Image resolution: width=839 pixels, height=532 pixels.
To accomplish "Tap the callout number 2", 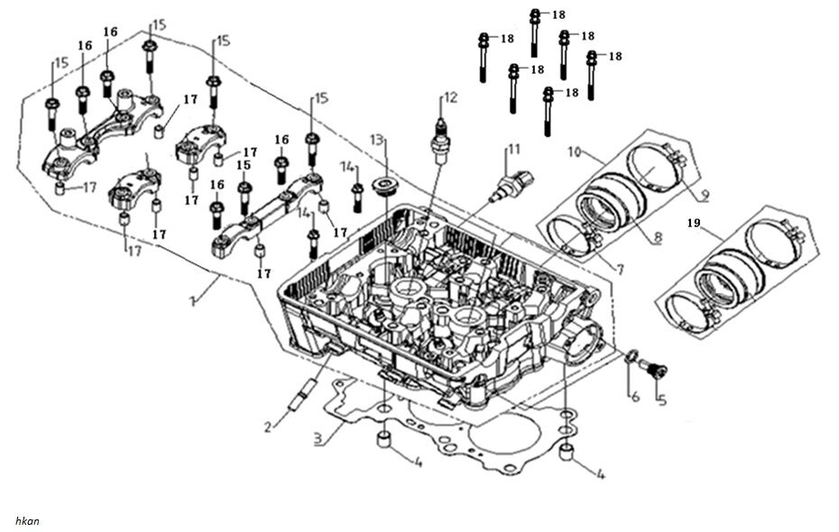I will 268,425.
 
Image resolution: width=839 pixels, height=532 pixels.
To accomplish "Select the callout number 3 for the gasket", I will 318,441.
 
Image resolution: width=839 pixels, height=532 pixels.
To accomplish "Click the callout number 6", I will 634,396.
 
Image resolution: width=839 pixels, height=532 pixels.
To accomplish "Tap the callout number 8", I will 658,240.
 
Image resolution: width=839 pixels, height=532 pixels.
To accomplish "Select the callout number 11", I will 513,149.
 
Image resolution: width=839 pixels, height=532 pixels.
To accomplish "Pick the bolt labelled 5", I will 654,368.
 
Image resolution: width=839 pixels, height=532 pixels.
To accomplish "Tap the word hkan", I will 27,520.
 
